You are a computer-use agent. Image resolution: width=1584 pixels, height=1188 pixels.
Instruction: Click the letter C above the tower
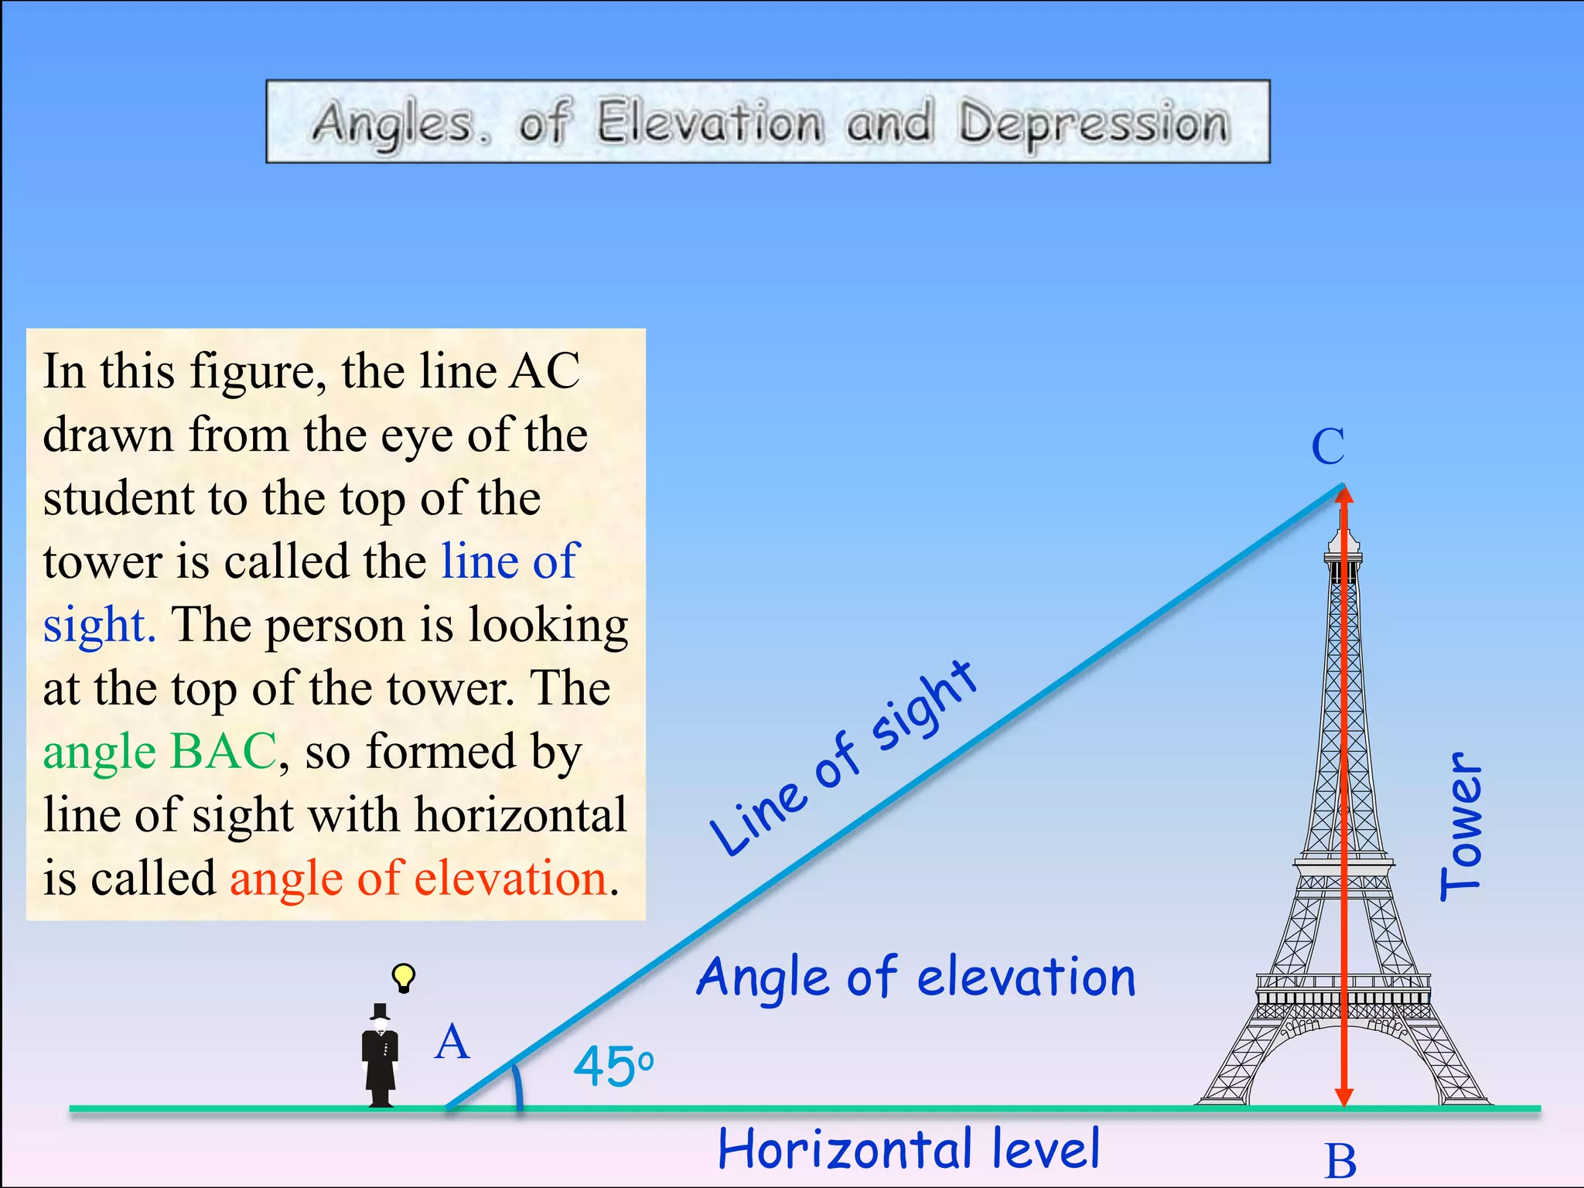(1328, 446)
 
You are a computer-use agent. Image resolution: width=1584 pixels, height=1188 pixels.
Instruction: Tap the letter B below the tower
(1340, 1161)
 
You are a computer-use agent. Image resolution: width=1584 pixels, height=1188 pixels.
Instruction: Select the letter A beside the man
(452, 1042)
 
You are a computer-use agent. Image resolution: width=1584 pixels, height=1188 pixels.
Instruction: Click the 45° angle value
(613, 1067)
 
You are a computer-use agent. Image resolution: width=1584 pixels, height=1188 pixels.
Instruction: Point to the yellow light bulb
(403, 977)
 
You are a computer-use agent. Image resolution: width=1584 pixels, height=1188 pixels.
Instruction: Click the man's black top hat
(380, 1012)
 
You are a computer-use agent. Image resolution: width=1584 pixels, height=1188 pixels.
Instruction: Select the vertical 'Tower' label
(1461, 826)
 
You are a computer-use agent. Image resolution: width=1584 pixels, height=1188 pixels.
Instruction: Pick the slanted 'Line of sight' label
(843, 758)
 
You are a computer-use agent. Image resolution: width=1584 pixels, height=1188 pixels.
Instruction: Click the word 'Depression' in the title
(1093, 124)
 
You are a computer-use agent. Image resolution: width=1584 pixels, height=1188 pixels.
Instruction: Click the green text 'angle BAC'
(159, 752)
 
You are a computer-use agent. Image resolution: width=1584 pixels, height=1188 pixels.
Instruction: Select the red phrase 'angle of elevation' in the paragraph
(418, 879)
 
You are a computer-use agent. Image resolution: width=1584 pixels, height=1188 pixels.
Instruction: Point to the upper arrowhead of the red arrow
(1344, 495)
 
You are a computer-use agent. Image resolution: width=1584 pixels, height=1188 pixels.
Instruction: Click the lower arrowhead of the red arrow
(1344, 1097)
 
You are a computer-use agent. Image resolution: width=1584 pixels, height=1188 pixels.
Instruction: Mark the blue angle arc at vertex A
(517, 1083)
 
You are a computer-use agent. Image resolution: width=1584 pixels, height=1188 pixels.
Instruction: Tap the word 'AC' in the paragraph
(544, 371)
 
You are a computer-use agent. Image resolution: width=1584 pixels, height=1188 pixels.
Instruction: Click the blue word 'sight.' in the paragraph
(99, 625)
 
